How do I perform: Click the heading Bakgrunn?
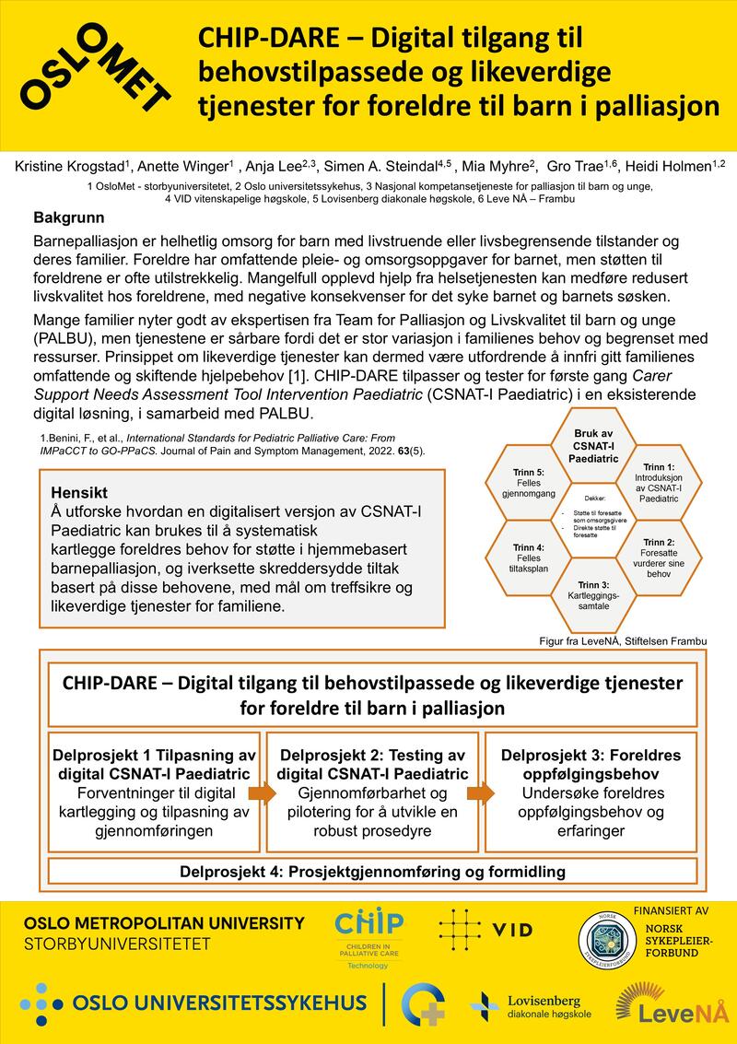click(x=70, y=219)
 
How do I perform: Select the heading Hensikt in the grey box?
click(x=81, y=491)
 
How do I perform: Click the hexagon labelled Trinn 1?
click(x=659, y=483)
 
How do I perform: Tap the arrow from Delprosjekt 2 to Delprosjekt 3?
click(x=479, y=792)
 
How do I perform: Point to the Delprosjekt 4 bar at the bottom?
click(x=372, y=871)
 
